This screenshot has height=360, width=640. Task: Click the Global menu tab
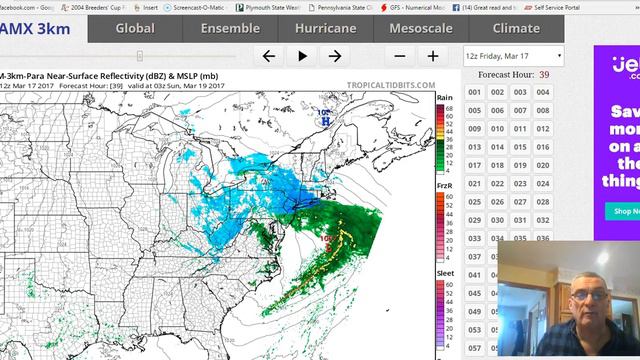tap(134, 28)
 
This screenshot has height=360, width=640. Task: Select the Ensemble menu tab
tap(230, 28)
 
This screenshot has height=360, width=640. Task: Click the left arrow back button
tap(268, 56)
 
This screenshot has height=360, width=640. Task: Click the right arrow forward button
tap(335, 56)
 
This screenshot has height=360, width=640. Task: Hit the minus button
tap(400, 56)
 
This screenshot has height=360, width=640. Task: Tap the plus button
tap(433, 56)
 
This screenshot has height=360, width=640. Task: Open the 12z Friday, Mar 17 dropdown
tap(514, 56)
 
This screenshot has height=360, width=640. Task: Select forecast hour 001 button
tap(474, 92)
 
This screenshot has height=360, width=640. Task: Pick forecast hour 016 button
tap(542, 147)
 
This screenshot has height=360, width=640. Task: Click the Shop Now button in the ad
tap(624, 211)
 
